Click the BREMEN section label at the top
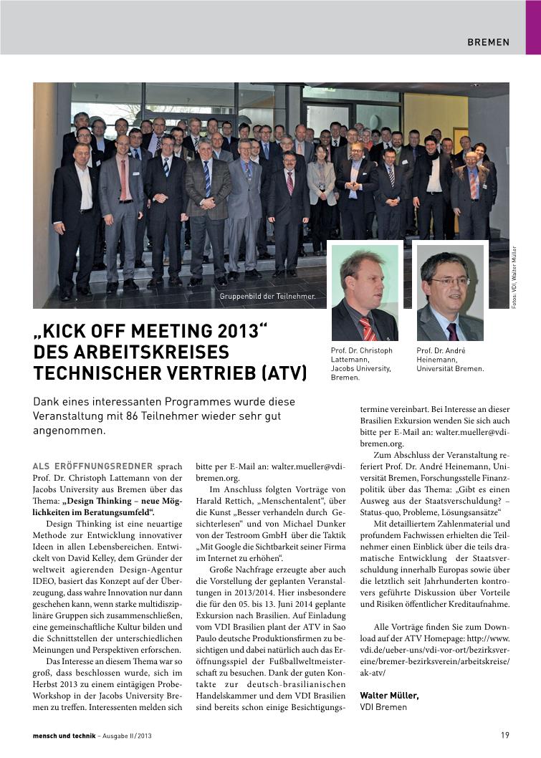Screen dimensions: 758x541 [488, 42]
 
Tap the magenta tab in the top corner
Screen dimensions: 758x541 [533, 27]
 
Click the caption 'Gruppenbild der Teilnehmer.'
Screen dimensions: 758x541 [267, 295]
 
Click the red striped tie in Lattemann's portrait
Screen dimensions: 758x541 [368, 328]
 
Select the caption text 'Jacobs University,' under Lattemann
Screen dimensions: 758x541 [361, 368]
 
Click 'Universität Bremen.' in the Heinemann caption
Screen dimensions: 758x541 [450, 369]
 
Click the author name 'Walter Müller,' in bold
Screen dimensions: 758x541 [389, 695]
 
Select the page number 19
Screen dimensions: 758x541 [504, 735]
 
